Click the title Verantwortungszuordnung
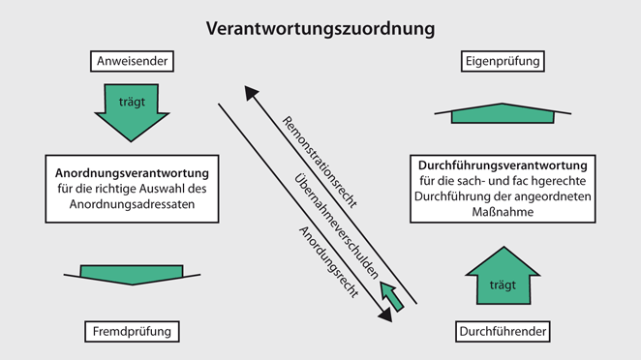click(x=320, y=28)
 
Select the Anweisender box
click(x=134, y=63)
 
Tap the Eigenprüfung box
click(x=502, y=63)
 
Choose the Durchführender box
click(x=503, y=332)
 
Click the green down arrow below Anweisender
click(x=134, y=110)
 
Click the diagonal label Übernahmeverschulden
click(x=334, y=223)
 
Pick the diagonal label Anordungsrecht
click(x=323, y=261)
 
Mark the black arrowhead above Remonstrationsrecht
click(x=252, y=93)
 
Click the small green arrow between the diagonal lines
click(x=391, y=294)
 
